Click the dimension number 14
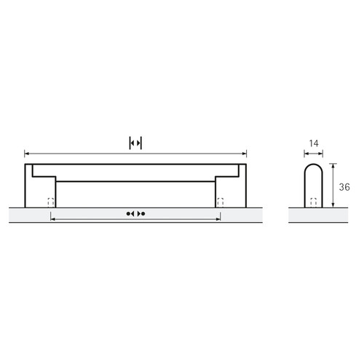(314, 143)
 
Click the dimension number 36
(344, 187)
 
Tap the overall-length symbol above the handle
(135, 143)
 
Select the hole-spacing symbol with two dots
(135, 213)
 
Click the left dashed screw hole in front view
(51, 202)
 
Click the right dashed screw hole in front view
(221, 202)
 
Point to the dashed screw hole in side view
(314, 202)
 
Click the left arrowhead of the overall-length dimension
(26, 154)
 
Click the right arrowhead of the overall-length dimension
(245, 154)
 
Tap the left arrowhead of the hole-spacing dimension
(53, 219)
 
